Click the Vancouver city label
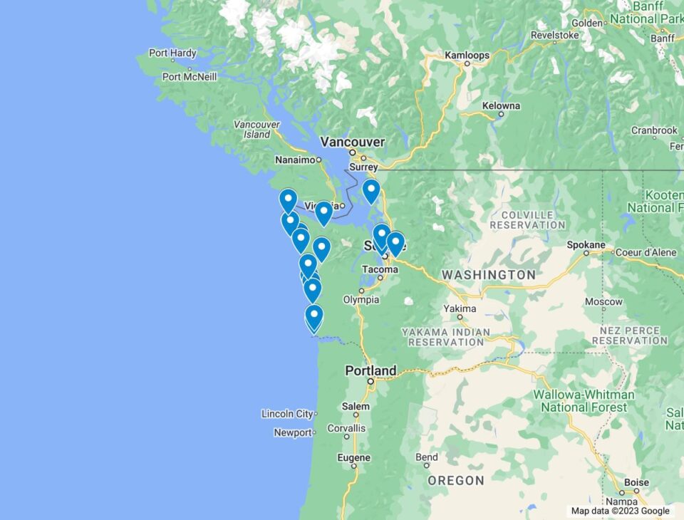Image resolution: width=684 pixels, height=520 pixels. click(352, 142)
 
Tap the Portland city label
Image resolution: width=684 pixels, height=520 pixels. click(370, 370)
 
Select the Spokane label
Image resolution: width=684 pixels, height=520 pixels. click(586, 245)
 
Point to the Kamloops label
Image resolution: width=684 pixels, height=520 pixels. click(467, 55)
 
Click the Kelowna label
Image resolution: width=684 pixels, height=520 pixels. click(501, 105)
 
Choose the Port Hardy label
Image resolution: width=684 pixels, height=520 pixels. click(172, 53)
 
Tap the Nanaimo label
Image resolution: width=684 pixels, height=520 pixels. click(295, 160)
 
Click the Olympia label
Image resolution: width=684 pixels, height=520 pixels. click(361, 300)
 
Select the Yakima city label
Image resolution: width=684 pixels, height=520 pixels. click(460, 308)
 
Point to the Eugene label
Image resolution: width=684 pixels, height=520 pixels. click(354, 457)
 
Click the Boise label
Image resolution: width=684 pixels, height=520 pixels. click(636, 482)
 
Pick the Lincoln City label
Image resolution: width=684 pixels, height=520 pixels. click(287, 413)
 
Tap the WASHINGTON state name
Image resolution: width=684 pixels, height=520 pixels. click(488, 274)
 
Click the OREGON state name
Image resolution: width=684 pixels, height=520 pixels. click(456, 480)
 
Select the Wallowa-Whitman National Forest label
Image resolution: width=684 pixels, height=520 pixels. click(584, 400)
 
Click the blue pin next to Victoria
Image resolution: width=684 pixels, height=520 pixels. click(323, 212)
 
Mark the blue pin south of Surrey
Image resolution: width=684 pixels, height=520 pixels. click(370, 190)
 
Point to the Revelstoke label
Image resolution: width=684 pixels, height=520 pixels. click(554, 34)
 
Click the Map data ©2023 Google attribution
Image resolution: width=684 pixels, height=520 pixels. click(620, 511)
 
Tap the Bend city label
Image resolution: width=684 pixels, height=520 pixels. click(427, 457)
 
